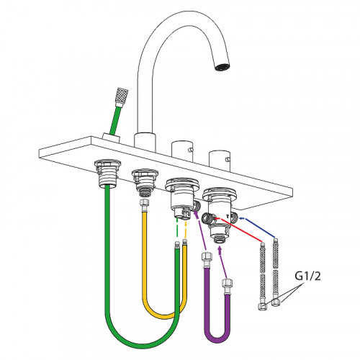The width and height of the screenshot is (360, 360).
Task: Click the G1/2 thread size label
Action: (x=307, y=276)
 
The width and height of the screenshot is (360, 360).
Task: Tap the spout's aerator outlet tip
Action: (x=222, y=67)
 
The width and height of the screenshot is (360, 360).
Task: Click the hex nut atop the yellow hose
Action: (x=145, y=203)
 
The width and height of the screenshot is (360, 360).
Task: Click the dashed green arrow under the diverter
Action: (x=177, y=230)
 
